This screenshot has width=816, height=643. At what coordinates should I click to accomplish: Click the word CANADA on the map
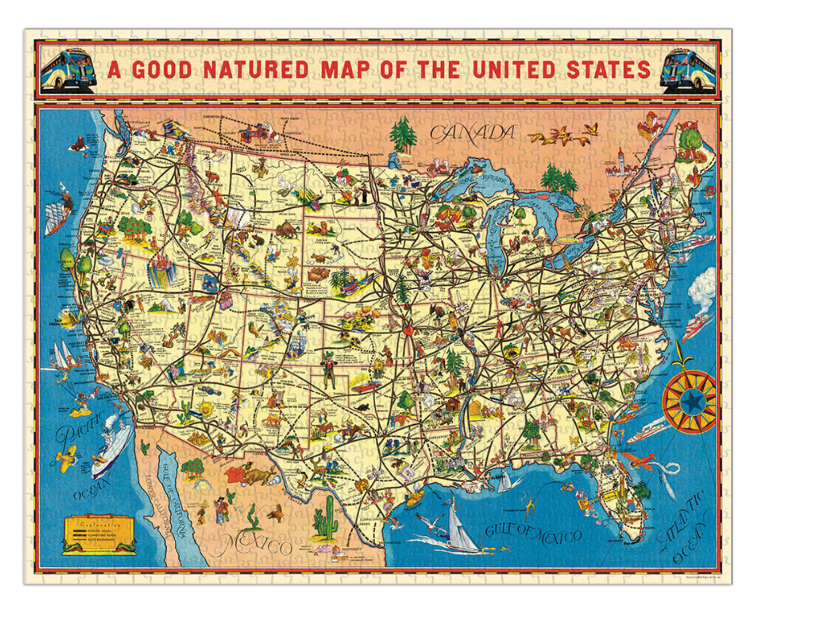pos(472,133)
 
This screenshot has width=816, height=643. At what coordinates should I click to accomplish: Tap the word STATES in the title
pos(609,70)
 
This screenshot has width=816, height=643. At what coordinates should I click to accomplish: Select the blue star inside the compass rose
pos(691,400)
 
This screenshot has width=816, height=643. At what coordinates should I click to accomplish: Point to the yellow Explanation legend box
pos(99,534)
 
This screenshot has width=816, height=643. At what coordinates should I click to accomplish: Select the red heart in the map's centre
pos(408,329)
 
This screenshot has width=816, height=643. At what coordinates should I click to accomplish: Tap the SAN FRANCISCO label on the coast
pos(63,323)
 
